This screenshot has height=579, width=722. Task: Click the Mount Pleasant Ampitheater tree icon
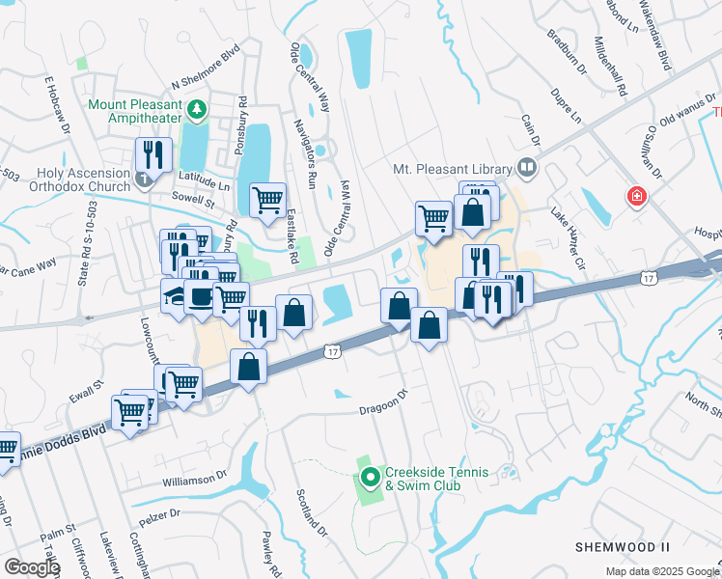tap(198, 109)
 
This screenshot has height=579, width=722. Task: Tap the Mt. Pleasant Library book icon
tap(526, 167)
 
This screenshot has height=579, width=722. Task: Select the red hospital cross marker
tap(636, 198)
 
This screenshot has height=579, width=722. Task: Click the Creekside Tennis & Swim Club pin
tap(371, 478)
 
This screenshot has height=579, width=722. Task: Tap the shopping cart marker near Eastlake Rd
tap(267, 200)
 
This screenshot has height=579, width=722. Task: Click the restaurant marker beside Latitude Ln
tap(153, 154)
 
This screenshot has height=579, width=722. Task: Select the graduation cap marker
tap(176, 296)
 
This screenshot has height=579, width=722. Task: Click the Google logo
tap(32, 567)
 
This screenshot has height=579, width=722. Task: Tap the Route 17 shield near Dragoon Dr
tap(331, 352)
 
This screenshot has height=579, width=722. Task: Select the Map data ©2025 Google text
tap(661, 571)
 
